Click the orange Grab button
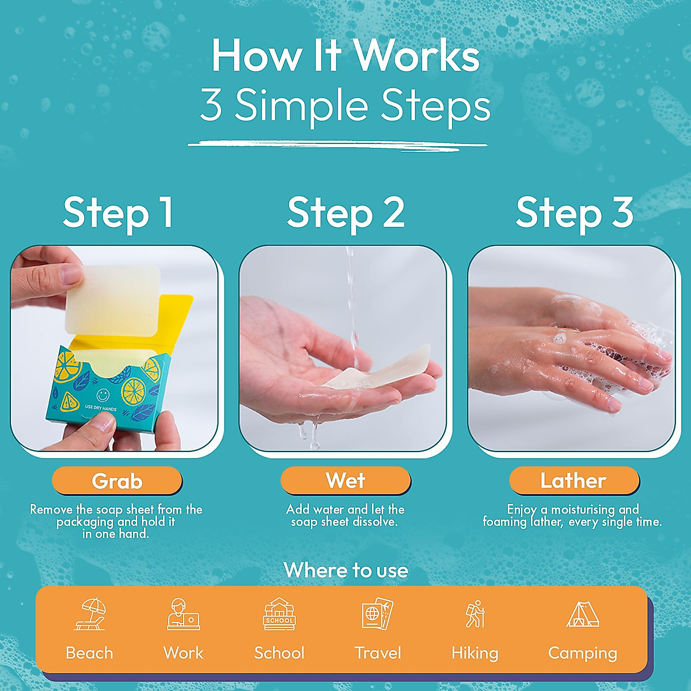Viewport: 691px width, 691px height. [117, 481]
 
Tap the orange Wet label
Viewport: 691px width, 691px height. [345, 480]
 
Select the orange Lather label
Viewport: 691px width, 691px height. [574, 481]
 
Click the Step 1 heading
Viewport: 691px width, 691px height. [118, 212]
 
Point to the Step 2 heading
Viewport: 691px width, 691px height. [345, 212]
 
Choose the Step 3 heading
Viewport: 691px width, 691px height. [574, 212]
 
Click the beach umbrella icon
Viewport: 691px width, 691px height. [90, 614]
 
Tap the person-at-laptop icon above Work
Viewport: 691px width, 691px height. [183, 614]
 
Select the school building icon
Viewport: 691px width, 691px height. [279, 614]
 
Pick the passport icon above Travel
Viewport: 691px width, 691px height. [378, 614]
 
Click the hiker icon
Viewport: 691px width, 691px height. [475, 614]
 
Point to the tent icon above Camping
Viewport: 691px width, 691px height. [582, 614]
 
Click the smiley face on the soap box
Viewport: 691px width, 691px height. [102, 396]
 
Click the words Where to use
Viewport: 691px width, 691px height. [345, 570]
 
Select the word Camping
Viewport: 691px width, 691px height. [582, 653]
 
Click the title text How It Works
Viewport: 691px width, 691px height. [345, 56]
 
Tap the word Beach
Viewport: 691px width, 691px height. [89, 653]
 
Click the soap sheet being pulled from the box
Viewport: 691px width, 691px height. [112, 299]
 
